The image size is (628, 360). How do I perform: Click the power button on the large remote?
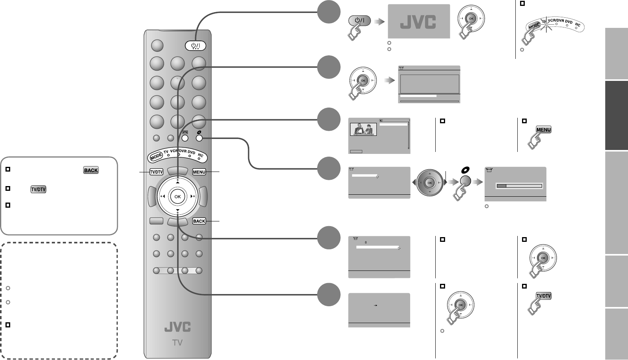pyautogui.click(x=195, y=46)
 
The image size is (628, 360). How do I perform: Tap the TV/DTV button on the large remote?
pyautogui.click(x=156, y=172)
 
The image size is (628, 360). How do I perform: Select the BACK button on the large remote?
pyautogui.click(x=199, y=221)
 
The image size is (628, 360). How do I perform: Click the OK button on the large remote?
pyautogui.click(x=177, y=197)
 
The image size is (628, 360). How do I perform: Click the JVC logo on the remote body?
pyautogui.click(x=177, y=327)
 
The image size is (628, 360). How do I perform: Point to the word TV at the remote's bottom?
pyautogui.click(x=177, y=343)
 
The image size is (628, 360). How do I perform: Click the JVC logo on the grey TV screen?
pyautogui.click(x=418, y=22)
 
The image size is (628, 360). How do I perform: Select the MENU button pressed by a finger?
pyautogui.click(x=544, y=130)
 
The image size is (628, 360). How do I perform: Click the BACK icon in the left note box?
pyautogui.click(x=91, y=170)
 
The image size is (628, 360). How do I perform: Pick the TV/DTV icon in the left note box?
pyautogui.click(x=38, y=189)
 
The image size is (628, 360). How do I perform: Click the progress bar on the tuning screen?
pyautogui.click(x=519, y=186)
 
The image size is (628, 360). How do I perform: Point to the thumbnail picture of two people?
pyautogui.click(x=363, y=130)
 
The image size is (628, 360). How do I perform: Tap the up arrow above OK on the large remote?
pyautogui.click(x=177, y=182)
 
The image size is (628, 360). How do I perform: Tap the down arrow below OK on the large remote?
pyautogui.click(x=177, y=211)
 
